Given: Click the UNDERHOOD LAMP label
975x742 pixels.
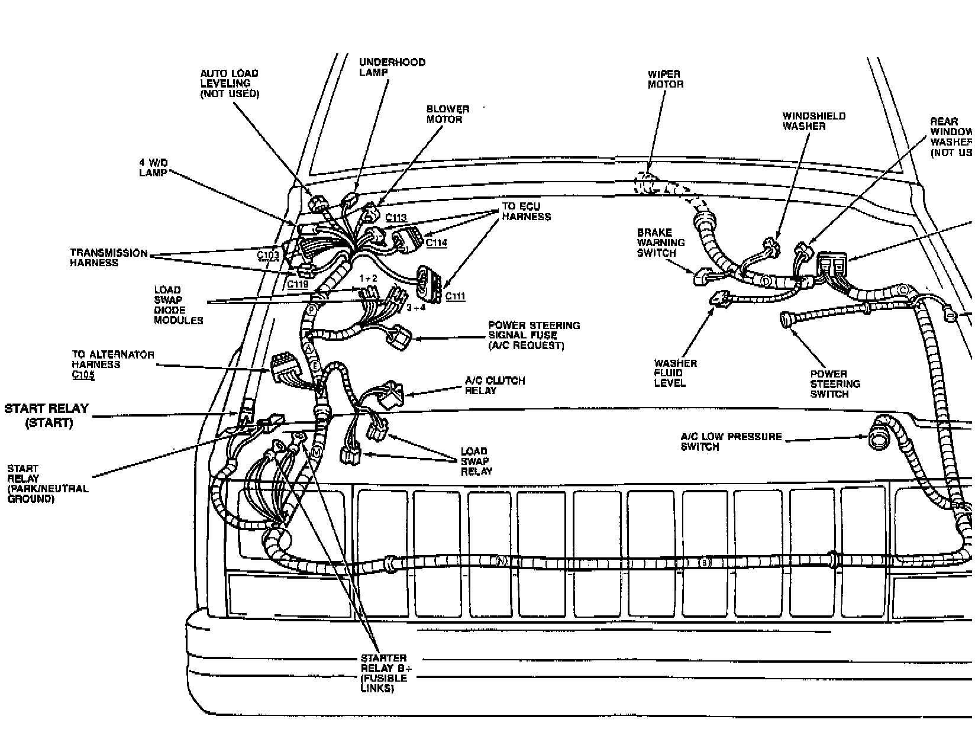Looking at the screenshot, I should click(392, 67).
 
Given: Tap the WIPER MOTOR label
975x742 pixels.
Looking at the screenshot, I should click(666, 79).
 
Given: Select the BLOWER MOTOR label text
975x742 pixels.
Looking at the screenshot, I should click(448, 114).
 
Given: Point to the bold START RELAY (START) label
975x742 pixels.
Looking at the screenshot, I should click(47, 415).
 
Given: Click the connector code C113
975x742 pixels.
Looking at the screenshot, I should click(396, 218).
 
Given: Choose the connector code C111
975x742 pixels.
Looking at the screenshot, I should click(455, 296).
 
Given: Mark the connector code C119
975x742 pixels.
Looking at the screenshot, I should click(297, 284).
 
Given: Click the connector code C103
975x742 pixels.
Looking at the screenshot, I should click(269, 255).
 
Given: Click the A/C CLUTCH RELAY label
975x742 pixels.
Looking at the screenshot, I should click(495, 386).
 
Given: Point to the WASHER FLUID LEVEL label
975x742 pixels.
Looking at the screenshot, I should click(676, 373).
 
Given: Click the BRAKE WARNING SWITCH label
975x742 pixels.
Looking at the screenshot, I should click(661, 243).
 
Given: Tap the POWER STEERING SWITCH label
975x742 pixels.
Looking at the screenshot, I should click(835, 384).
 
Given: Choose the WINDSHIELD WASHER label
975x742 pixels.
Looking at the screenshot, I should click(814, 121).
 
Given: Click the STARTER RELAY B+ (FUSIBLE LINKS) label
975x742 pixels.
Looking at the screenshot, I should click(383, 673).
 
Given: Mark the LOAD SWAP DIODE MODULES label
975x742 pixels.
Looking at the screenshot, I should click(178, 305).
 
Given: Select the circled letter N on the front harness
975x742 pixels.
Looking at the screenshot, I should click(502, 560).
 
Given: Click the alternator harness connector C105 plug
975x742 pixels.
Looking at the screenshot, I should click(285, 369).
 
